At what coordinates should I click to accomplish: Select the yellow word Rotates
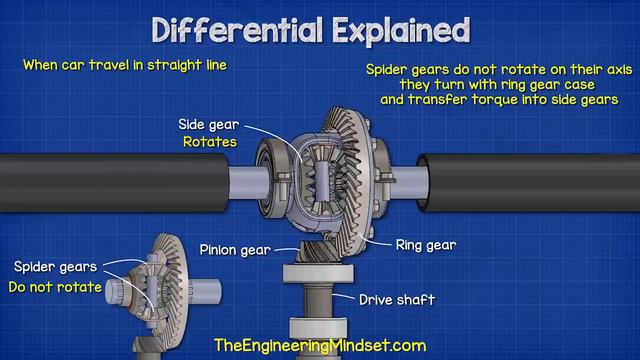click(209, 142)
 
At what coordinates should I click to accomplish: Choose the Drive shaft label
click(398, 299)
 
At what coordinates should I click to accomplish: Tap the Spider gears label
click(56, 267)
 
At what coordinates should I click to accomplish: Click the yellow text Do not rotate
click(56, 288)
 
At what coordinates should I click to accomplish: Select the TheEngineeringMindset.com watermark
click(320, 345)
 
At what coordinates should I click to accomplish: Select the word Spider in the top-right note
click(386, 68)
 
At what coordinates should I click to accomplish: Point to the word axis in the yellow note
click(607, 68)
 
